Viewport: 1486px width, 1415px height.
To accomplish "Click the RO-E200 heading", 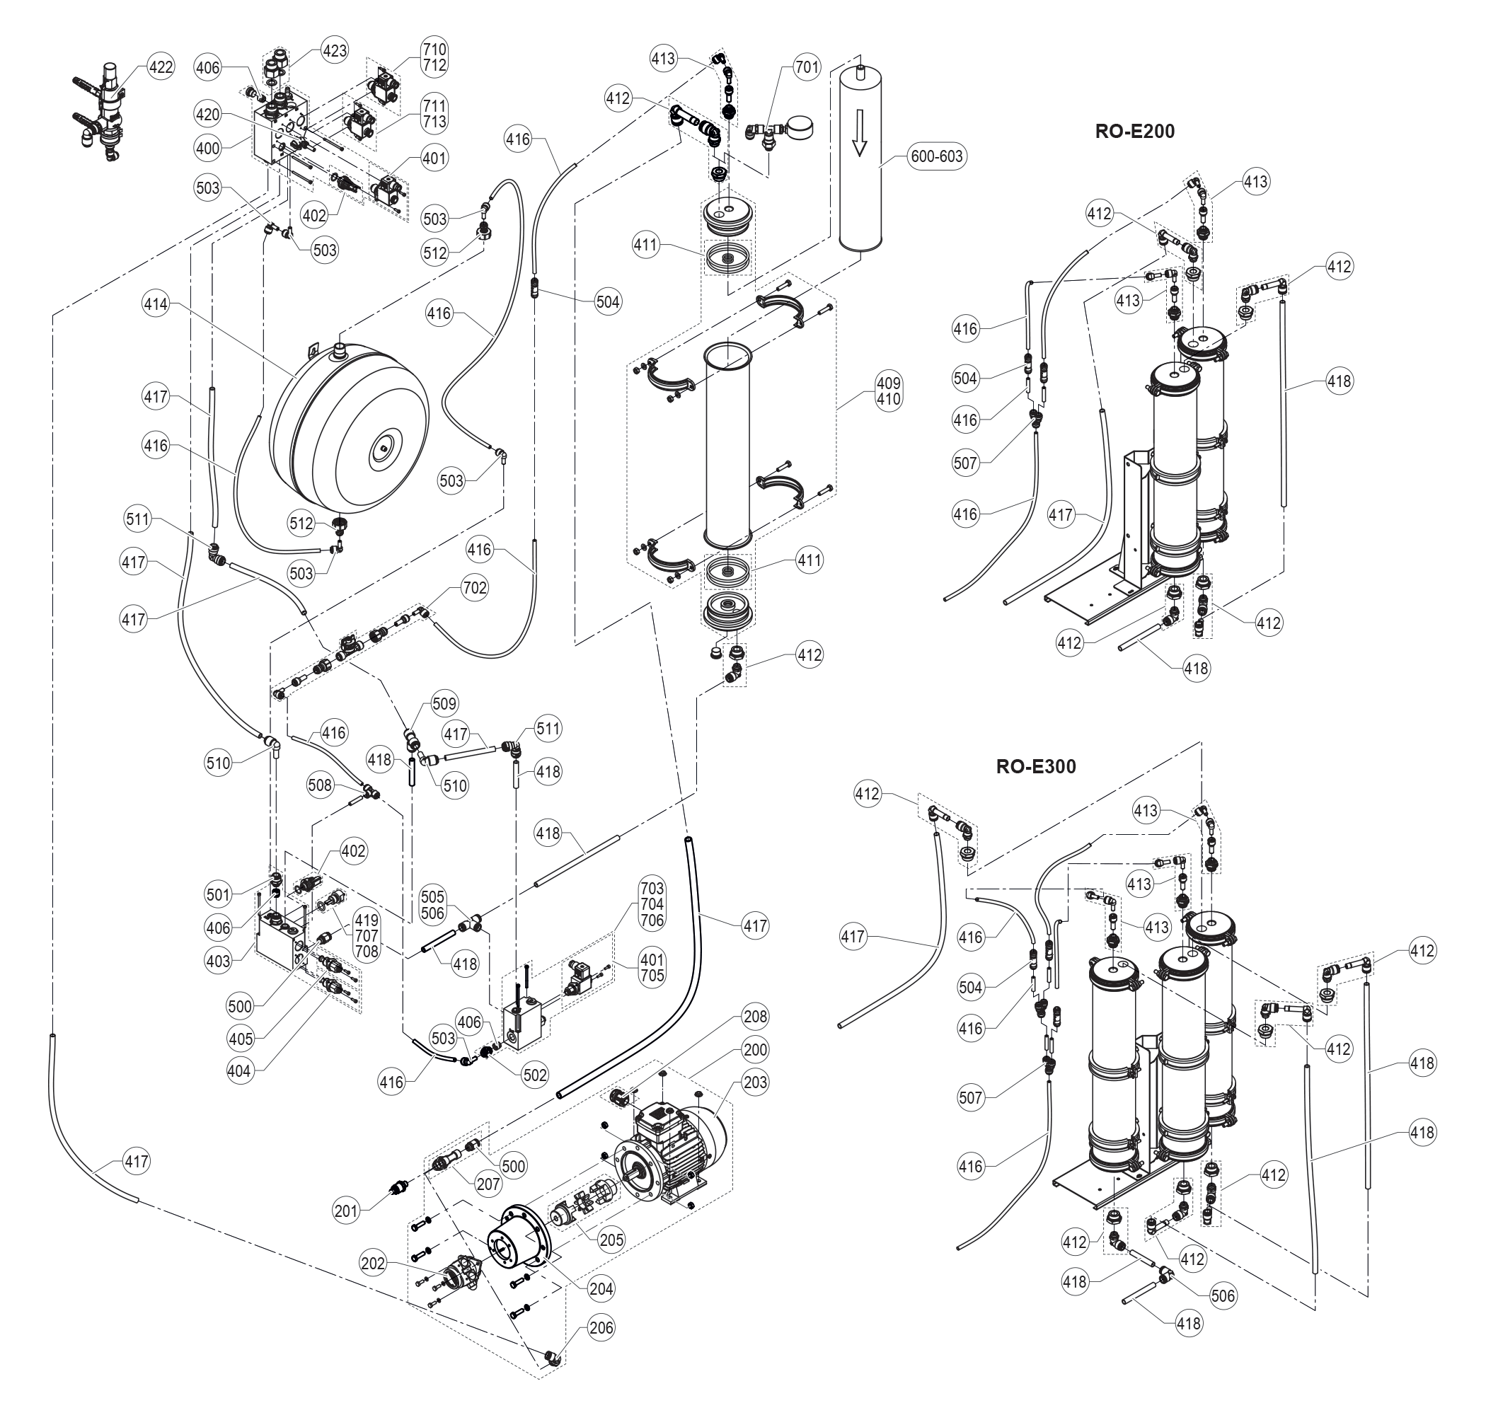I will tap(1134, 132).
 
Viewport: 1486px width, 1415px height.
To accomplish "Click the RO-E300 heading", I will tap(1036, 766).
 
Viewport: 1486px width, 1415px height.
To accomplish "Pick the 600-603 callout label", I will tap(937, 156).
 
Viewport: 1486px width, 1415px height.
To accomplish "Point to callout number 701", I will tap(807, 67).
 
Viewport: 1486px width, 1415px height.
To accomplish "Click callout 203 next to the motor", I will tap(755, 1082).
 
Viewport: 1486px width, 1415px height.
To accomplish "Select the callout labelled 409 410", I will tap(889, 391).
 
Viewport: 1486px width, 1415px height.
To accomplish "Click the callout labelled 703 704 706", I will tap(652, 903).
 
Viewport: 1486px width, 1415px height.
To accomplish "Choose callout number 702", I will tap(475, 586).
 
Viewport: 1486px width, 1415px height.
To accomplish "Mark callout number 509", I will tap(444, 703).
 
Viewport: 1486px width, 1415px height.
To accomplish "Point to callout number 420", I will tap(207, 115).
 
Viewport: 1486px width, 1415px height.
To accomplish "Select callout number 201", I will tap(346, 1211).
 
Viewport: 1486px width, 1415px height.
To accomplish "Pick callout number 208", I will tap(755, 1016).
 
